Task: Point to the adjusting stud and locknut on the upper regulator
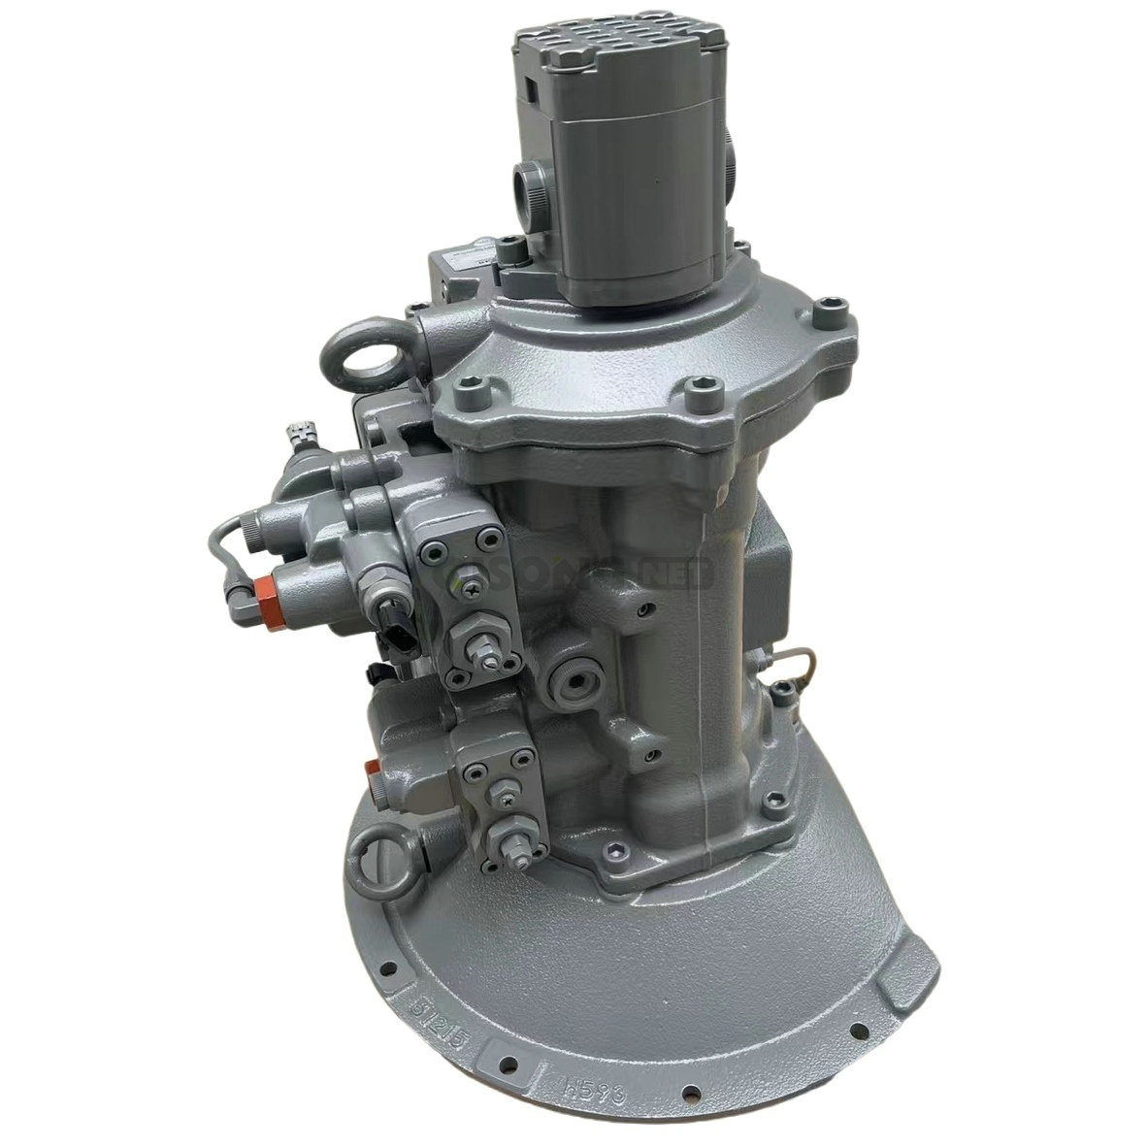[x=485, y=651]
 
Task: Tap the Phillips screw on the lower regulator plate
[x=506, y=796]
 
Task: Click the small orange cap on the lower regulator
[x=371, y=767]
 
